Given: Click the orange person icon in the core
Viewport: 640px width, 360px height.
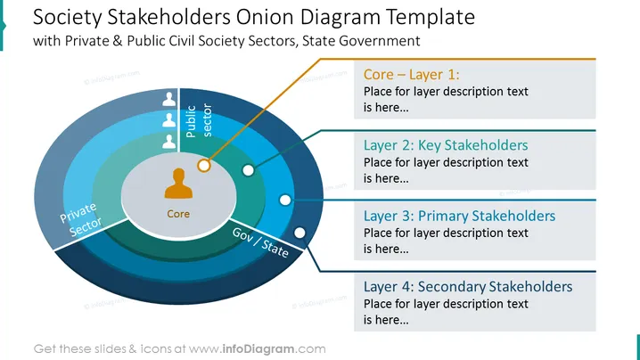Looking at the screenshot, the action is click(178, 184).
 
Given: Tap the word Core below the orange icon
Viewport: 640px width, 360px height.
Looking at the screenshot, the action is click(178, 214).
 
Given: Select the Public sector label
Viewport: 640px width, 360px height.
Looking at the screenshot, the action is click(199, 120).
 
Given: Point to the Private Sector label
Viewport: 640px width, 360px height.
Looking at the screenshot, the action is click(81, 219).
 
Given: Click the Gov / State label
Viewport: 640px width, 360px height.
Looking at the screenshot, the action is click(260, 242).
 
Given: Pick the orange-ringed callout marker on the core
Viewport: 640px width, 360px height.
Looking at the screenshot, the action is click(203, 166).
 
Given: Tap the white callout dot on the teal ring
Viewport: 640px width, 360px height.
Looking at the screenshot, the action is click(248, 170).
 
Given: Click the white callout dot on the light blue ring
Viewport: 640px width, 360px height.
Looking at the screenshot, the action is click(285, 200).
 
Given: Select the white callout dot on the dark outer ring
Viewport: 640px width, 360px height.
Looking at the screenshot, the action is click(299, 233).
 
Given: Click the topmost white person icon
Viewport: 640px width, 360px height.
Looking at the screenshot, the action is click(169, 99).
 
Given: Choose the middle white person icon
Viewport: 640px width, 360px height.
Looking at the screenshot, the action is click(169, 120).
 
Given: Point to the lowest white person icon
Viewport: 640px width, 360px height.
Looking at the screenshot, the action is click(169, 141).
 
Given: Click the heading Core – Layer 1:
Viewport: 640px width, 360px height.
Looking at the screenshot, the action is click(412, 74).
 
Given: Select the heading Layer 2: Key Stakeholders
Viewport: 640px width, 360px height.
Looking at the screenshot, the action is click(446, 145).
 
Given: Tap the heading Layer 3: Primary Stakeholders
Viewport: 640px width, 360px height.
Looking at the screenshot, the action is click(460, 216).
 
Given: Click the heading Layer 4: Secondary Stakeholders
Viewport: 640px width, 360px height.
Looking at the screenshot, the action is click(468, 287).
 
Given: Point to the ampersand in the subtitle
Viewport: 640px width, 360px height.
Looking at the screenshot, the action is click(118, 41).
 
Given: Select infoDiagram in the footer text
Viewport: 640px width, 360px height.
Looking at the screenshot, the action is click(258, 349).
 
